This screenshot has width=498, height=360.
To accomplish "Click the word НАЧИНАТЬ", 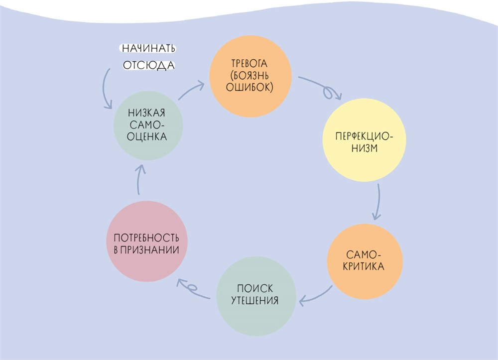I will point(149,49).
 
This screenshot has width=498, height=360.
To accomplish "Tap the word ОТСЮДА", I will point(149,65).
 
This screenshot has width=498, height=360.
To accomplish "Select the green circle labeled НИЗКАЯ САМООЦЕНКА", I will point(148,125).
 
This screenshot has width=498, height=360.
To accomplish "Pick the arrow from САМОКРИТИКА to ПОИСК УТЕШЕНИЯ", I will point(316,296).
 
